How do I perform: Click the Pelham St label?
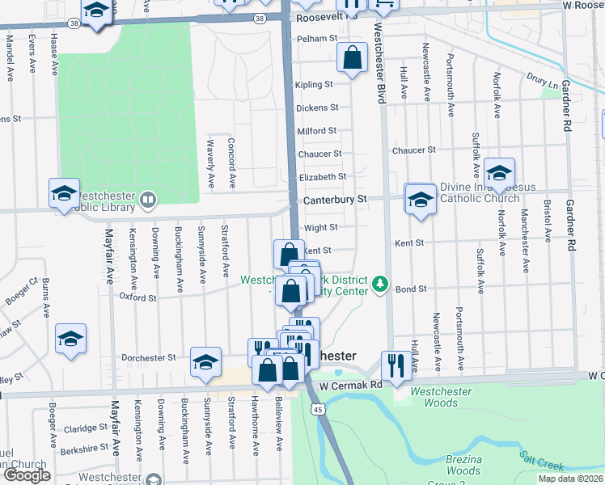click(315, 38)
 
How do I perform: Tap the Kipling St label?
click(315, 84)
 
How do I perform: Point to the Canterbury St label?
click(335, 199)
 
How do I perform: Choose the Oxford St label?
click(137, 297)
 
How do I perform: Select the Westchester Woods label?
click(441, 397)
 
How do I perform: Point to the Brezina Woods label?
click(463, 465)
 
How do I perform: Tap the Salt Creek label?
click(541, 460)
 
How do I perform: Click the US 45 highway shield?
click(319, 411)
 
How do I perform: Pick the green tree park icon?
click(381, 285)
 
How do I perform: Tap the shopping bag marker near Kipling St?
click(352, 58)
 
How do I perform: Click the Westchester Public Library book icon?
click(148, 199)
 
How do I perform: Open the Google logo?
click(27, 475)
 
